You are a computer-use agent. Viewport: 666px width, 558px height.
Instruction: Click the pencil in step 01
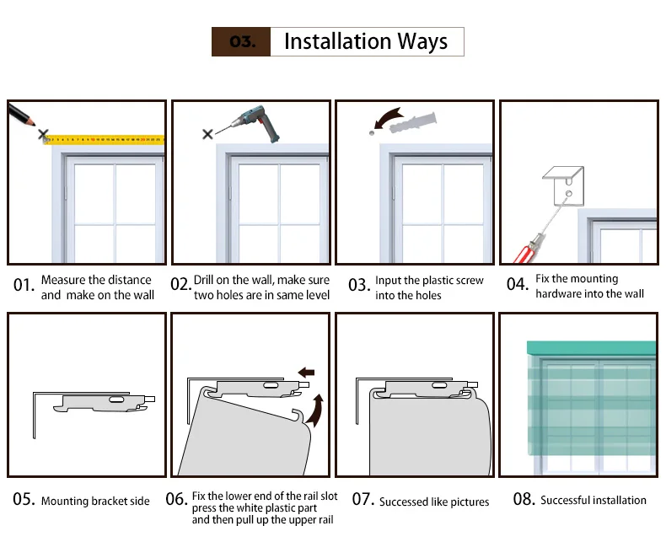(x=21, y=115)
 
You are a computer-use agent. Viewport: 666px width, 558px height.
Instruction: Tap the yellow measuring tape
(x=105, y=140)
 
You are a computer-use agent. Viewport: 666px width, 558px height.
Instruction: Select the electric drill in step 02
(x=258, y=123)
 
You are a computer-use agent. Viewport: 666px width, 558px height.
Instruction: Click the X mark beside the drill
(x=207, y=135)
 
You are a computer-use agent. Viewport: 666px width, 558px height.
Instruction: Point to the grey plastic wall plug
(x=413, y=122)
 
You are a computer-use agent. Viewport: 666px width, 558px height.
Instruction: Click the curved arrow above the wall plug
(x=387, y=117)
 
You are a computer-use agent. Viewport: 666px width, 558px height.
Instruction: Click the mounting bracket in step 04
(x=564, y=185)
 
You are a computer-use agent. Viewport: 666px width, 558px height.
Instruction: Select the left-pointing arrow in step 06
(x=306, y=373)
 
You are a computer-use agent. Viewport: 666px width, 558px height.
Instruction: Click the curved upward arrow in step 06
(x=315, y=411)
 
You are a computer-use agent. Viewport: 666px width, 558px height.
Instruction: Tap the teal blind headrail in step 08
(x=591, y=349)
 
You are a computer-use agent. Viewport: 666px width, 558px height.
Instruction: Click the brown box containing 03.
(x=241, y=41)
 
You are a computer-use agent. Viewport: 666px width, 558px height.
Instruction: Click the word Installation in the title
(x=338, y=41)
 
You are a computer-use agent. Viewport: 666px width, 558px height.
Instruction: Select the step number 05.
(x=24, y=499)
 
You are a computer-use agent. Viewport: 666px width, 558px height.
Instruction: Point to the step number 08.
(x=524, y=499)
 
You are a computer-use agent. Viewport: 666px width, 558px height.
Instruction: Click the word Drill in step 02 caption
(x=203, y=280)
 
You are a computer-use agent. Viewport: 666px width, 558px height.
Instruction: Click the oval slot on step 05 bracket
(x=116, y=400)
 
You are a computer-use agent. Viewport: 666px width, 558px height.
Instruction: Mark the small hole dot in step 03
(x=372, y=133)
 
